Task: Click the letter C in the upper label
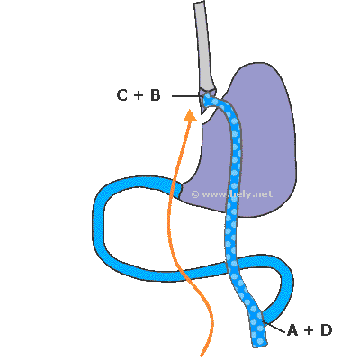point(121,95)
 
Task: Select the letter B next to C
point(155,95)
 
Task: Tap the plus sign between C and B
point(139,95)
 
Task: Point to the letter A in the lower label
point(292,330)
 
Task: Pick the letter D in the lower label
point(327,330)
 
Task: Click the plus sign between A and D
point(309,330)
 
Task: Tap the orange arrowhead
point(190,115)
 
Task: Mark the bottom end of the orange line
point(202,355)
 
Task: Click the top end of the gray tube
point(200,3)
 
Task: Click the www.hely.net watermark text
point(237,194)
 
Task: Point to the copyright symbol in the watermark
point(195,194)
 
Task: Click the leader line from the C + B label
point(186,96)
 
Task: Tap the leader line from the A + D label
point(274,328)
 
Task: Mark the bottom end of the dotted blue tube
point(260,345)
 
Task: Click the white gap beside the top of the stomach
point(208,116)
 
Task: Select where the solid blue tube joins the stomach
point(181,189)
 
